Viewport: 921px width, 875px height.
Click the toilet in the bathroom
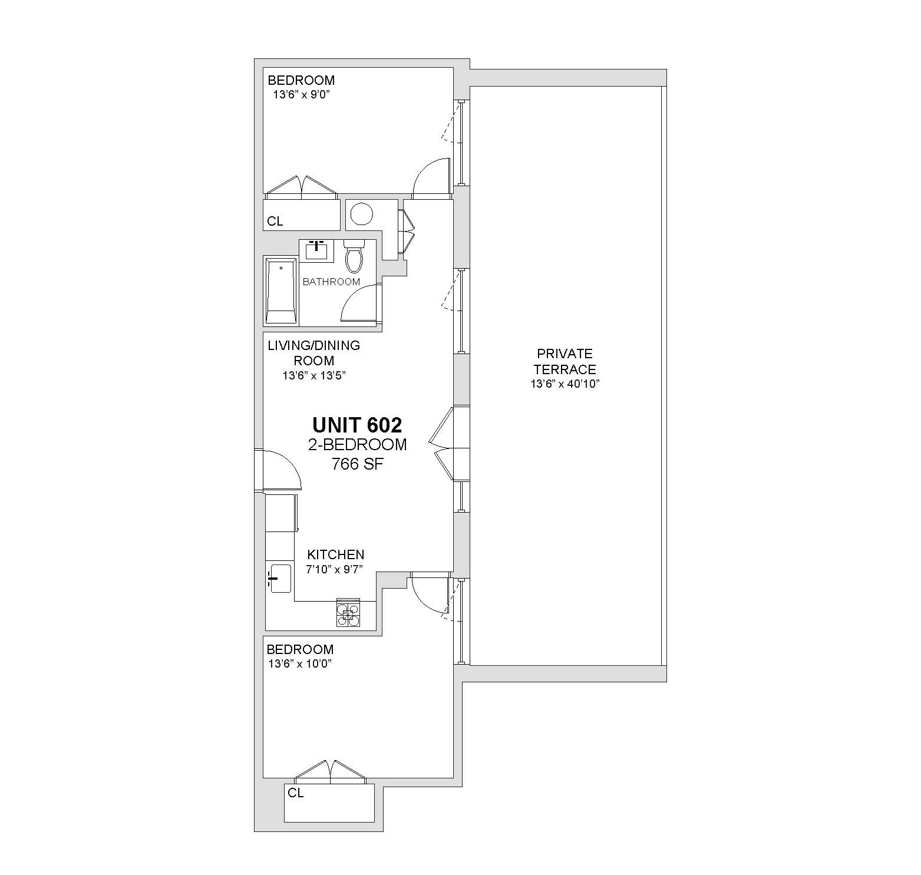354,255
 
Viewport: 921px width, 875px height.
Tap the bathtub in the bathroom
281,291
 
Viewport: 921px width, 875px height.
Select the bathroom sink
317,250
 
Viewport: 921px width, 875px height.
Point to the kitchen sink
280,579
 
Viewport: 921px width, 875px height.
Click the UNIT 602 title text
357,425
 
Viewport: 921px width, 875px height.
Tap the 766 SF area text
358,464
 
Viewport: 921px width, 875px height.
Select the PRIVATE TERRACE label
565,361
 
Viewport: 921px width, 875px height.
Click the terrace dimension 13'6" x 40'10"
565,384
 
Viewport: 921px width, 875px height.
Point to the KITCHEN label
336,554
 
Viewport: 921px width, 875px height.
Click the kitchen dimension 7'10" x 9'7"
334,569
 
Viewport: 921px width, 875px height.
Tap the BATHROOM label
331,282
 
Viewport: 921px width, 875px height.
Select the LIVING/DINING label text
313,345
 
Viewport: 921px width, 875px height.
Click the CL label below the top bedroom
275,222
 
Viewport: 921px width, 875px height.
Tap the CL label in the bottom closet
296,793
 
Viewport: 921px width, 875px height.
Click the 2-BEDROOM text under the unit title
357,444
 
